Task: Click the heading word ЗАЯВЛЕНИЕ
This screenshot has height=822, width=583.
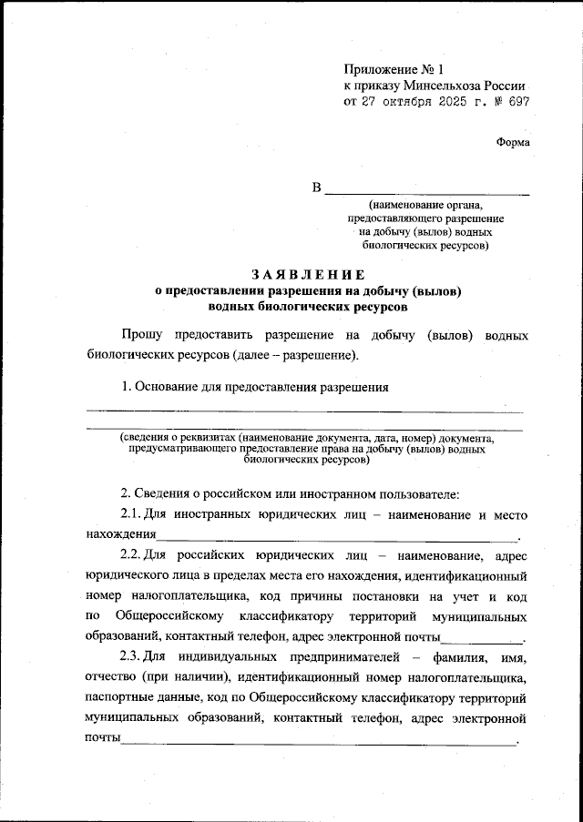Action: [x=308, y=274]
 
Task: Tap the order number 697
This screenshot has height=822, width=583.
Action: [x=516, y=102]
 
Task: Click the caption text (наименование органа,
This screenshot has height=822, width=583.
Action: [x=426, y=207]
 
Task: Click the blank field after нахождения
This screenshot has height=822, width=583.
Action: [x=337, y=535]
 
